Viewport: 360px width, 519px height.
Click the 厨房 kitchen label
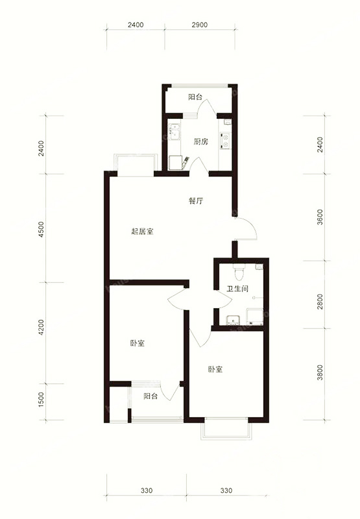tap(201, 141)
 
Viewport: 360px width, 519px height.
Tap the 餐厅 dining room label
tap(195, 201)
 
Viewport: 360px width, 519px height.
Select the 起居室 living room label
tap(142, 232)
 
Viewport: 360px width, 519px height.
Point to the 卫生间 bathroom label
tap(237, 289)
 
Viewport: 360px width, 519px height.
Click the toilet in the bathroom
tap(238, 271)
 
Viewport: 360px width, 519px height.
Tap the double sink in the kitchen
tap(174, 132)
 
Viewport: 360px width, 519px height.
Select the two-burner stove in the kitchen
tap(225, 140)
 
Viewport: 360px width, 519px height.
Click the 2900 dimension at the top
tap(200, 25)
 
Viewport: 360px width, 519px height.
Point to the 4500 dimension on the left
tap(41, 229)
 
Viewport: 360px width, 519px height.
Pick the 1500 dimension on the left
tap(41, 400)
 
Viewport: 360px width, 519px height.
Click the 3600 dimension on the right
tap(320, 217)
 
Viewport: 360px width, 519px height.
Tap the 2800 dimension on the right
tap(320, 301)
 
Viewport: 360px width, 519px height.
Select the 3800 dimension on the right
tap(320, 372)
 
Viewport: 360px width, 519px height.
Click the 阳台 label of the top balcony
tap(195, 97)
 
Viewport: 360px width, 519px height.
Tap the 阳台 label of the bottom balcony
tap(150, 396)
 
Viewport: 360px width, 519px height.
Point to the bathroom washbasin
tap(234, 320)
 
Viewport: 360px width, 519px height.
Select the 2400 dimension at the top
tap(136, 25)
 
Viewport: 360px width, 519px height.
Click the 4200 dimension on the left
tap(41, 328)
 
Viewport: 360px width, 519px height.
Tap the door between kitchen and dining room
tap(198, 165)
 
